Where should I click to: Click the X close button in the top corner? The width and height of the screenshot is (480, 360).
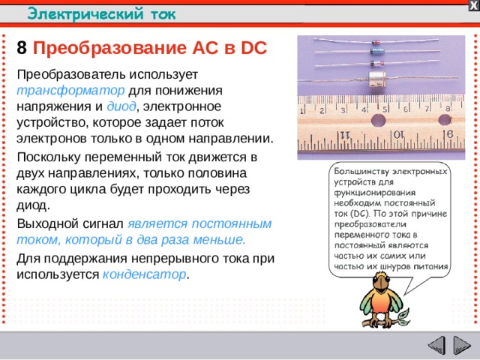pos(473,5)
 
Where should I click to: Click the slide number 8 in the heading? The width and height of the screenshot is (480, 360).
pos(22,48)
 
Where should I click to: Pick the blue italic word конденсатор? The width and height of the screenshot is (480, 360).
pos(144,274)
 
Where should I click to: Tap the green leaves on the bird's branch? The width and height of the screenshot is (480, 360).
pos(406,316)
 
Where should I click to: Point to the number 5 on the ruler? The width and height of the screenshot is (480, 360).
pos(385,109)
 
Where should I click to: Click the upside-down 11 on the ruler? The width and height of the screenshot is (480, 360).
pos(345,135)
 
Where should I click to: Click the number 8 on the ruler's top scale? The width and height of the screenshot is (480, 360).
pos(448,108)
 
